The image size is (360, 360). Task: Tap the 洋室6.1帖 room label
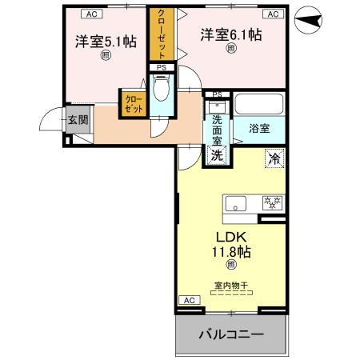(231, 34)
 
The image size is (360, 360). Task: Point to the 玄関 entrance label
(78, 122)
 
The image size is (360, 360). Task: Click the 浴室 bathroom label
(258, 127)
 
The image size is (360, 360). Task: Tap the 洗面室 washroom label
(217, 133)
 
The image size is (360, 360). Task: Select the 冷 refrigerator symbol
(274, 158)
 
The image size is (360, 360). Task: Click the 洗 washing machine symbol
(216, 156)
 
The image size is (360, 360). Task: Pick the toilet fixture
(161, 92)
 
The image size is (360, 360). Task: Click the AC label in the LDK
(189, 300)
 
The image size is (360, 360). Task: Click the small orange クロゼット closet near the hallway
(132, 104)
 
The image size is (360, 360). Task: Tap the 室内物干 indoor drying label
(230, 285)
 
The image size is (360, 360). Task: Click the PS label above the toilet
(161, 67)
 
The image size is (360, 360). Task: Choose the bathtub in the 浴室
(258, 106)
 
